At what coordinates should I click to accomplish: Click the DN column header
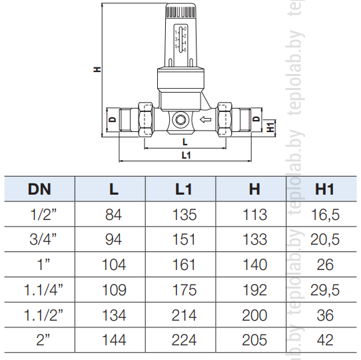[39, 189]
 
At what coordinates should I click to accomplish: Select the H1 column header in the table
[324, 189]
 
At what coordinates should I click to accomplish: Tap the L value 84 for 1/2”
[113, 215]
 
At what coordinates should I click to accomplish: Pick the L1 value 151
[184, 239]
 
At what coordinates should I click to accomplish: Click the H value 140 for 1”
[255, 265]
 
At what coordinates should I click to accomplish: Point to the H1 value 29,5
[325, 290]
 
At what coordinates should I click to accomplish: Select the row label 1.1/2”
[43, 315]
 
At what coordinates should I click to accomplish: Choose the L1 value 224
[184, 340]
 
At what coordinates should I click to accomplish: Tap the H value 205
[254, 340]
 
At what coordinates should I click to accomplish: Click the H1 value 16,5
[325, 215]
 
